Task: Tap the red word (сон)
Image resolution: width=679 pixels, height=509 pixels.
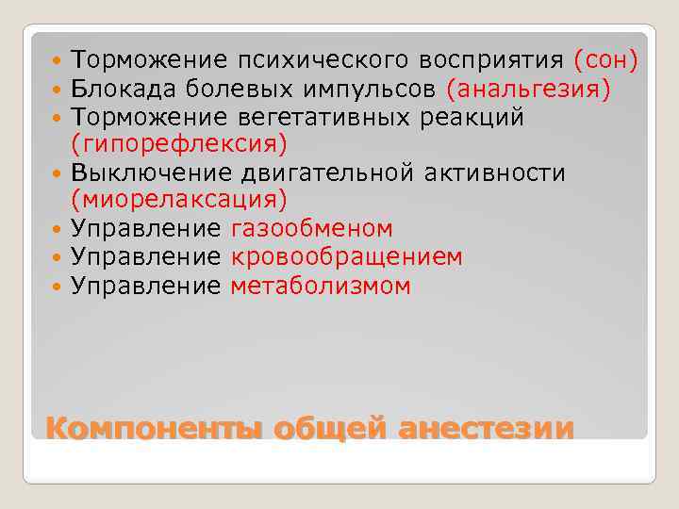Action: click(x=605, y=61)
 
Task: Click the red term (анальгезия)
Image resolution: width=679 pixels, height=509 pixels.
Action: click(x=529, y=90)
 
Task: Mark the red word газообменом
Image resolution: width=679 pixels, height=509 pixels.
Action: click(x=311, y=230)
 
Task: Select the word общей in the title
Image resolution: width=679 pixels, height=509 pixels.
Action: click(x=331, y=427)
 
